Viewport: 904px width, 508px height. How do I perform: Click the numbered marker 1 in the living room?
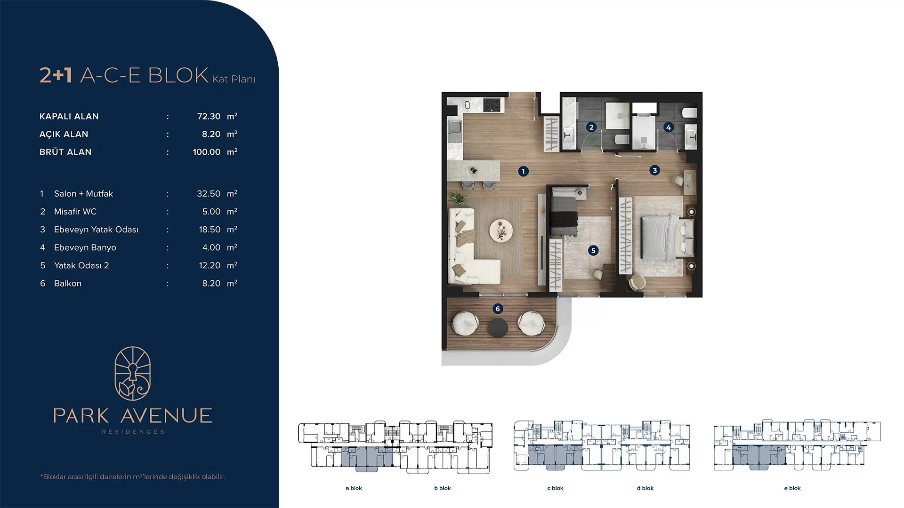[523, 171]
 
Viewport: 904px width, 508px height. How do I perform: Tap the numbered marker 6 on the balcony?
[498, 309]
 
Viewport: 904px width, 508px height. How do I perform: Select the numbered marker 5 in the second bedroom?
[593, 250]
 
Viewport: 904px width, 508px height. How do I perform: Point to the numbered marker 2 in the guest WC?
[591, 127]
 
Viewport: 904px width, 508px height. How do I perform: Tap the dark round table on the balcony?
[498, 328]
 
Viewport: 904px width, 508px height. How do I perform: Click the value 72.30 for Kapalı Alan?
[209, 116]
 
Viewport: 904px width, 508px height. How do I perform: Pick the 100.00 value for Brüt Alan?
[206, 152]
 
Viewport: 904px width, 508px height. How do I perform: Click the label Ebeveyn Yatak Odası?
[96, 230]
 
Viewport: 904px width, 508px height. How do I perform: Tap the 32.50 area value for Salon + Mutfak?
[209, 194]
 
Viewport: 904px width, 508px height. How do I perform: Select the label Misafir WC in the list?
[75, 212]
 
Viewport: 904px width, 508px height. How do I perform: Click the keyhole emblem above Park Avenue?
[133, 373]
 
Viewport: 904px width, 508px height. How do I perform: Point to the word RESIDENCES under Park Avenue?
[133, 432]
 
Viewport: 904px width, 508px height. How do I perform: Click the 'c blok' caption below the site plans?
[556, 488]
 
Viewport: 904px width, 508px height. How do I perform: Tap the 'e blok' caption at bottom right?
[792, 488]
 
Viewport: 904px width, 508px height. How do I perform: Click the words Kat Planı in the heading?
[234, 79]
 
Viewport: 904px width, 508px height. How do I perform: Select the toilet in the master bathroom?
[688, 113]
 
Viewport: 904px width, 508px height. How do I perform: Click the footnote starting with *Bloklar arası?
[133, 477]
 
